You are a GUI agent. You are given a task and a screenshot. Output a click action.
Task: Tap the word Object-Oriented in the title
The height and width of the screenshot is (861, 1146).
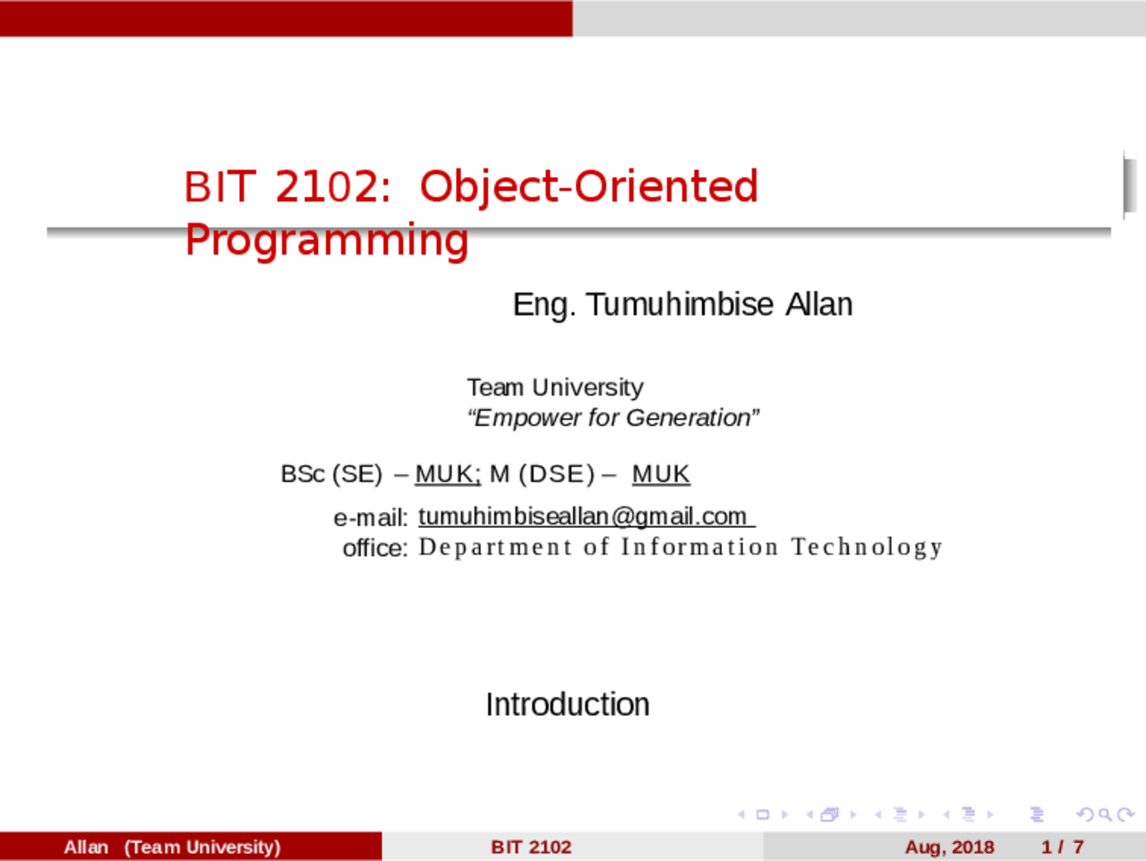[588, 187]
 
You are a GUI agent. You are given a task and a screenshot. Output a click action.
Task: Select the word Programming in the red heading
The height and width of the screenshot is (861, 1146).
[327, 240]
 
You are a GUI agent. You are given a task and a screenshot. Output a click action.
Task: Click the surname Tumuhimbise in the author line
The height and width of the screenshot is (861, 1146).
[680, 304]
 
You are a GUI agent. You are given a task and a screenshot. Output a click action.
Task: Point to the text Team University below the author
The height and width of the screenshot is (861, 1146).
[554, 388]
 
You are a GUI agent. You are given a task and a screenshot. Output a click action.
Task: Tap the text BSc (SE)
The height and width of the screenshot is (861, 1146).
[331, 474]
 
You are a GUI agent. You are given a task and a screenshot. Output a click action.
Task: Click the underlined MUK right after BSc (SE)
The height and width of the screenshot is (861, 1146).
[447, 474]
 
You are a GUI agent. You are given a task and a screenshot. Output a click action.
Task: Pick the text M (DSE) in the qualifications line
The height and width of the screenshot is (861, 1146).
[542, 474]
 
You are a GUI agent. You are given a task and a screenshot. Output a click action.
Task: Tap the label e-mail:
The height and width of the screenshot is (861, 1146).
[370, 517]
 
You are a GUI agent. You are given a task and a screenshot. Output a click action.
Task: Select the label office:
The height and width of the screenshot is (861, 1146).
[374, 548]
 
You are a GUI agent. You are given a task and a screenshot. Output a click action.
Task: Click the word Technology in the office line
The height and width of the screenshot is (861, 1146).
[867, 547]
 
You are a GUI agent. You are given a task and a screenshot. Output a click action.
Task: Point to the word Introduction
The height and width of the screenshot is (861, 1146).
[568, 704]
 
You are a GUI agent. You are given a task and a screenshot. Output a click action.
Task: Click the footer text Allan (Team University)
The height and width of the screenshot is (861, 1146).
[172, 847]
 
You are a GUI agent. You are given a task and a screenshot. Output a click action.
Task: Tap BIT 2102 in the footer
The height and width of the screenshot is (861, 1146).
[531, 847]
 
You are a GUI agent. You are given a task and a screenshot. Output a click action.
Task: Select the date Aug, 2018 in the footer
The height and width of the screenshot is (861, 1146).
[949, 847]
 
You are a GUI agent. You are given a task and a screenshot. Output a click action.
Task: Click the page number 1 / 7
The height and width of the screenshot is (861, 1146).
[1062, 847]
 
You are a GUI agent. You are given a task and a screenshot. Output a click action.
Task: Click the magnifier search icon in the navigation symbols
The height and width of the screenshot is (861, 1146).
[1105, 814]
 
